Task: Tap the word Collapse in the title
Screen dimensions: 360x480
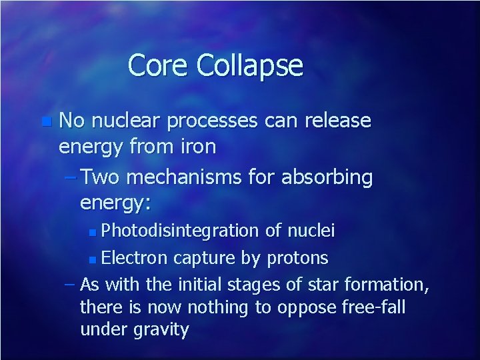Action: (250, 66)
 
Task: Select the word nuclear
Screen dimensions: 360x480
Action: (126, 121)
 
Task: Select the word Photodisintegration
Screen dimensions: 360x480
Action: (181, 231)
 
